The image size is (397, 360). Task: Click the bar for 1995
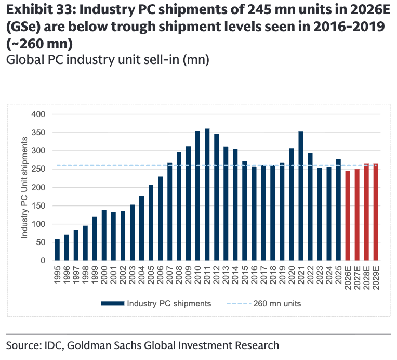pyautogui.click(x=57, y=250)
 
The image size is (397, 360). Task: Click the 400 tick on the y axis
pyautogui.click(x=39, y=114)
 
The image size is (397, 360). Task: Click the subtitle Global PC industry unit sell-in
pyautogui.click(x=107, y=60)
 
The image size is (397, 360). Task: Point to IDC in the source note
pyautogui.click(x=57, y=345)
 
